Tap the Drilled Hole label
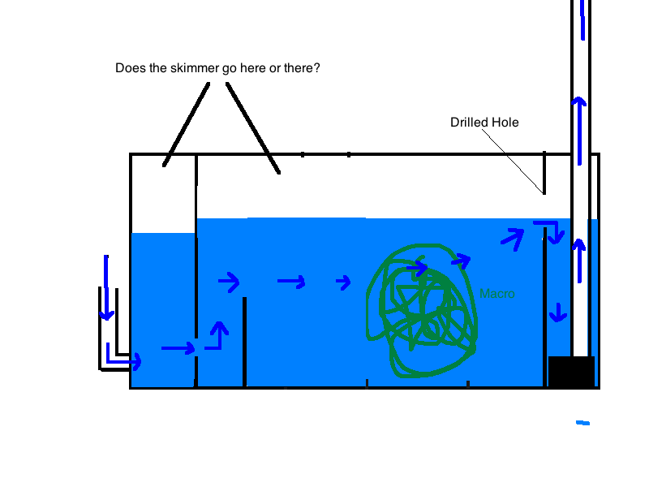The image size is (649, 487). pyautogui.click(x=484, y=123)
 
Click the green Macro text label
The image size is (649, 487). pyautogui.click(x=497, y=294)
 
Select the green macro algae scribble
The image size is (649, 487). pyautogui.click(x=422, y=311)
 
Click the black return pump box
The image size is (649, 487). pyautogui.click(x=571, y=372)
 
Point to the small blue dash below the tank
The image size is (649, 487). pyautogui.click(x=582, y=423)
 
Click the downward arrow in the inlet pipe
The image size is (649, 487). pyautogui.click(x=106, y=288)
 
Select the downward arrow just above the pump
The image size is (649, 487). pyautogui.click(x=558, y=312)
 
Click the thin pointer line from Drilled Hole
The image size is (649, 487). pyautogui.click(x=513, y=161)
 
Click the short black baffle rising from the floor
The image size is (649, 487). pyautogui.click(x=245, y=342)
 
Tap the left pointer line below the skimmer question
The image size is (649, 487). pyautogui.click(x=187, y=125)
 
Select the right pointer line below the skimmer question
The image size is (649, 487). pyautogui.click(x=253, y=128)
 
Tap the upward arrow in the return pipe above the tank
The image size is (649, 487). pyautogui.click(x=579, y=131)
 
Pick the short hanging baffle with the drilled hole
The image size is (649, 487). pyautogui.click(x=544, y=173)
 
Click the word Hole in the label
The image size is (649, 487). pyautogui.click(x=505, y=123)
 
